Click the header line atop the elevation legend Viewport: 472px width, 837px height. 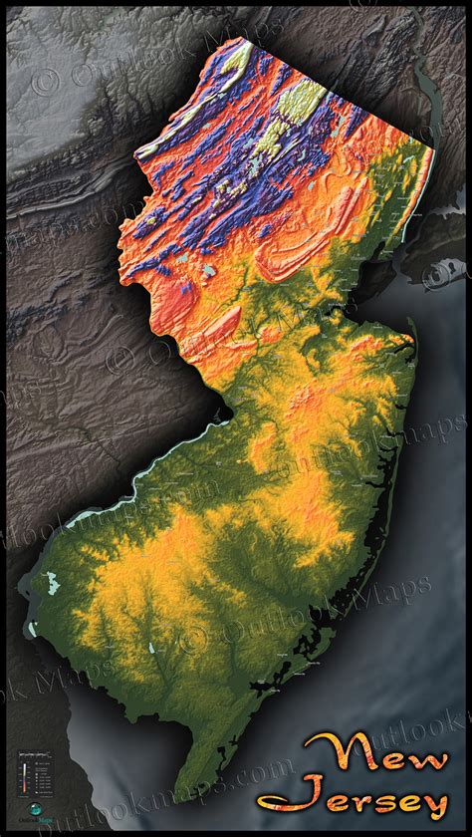[37, 754]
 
